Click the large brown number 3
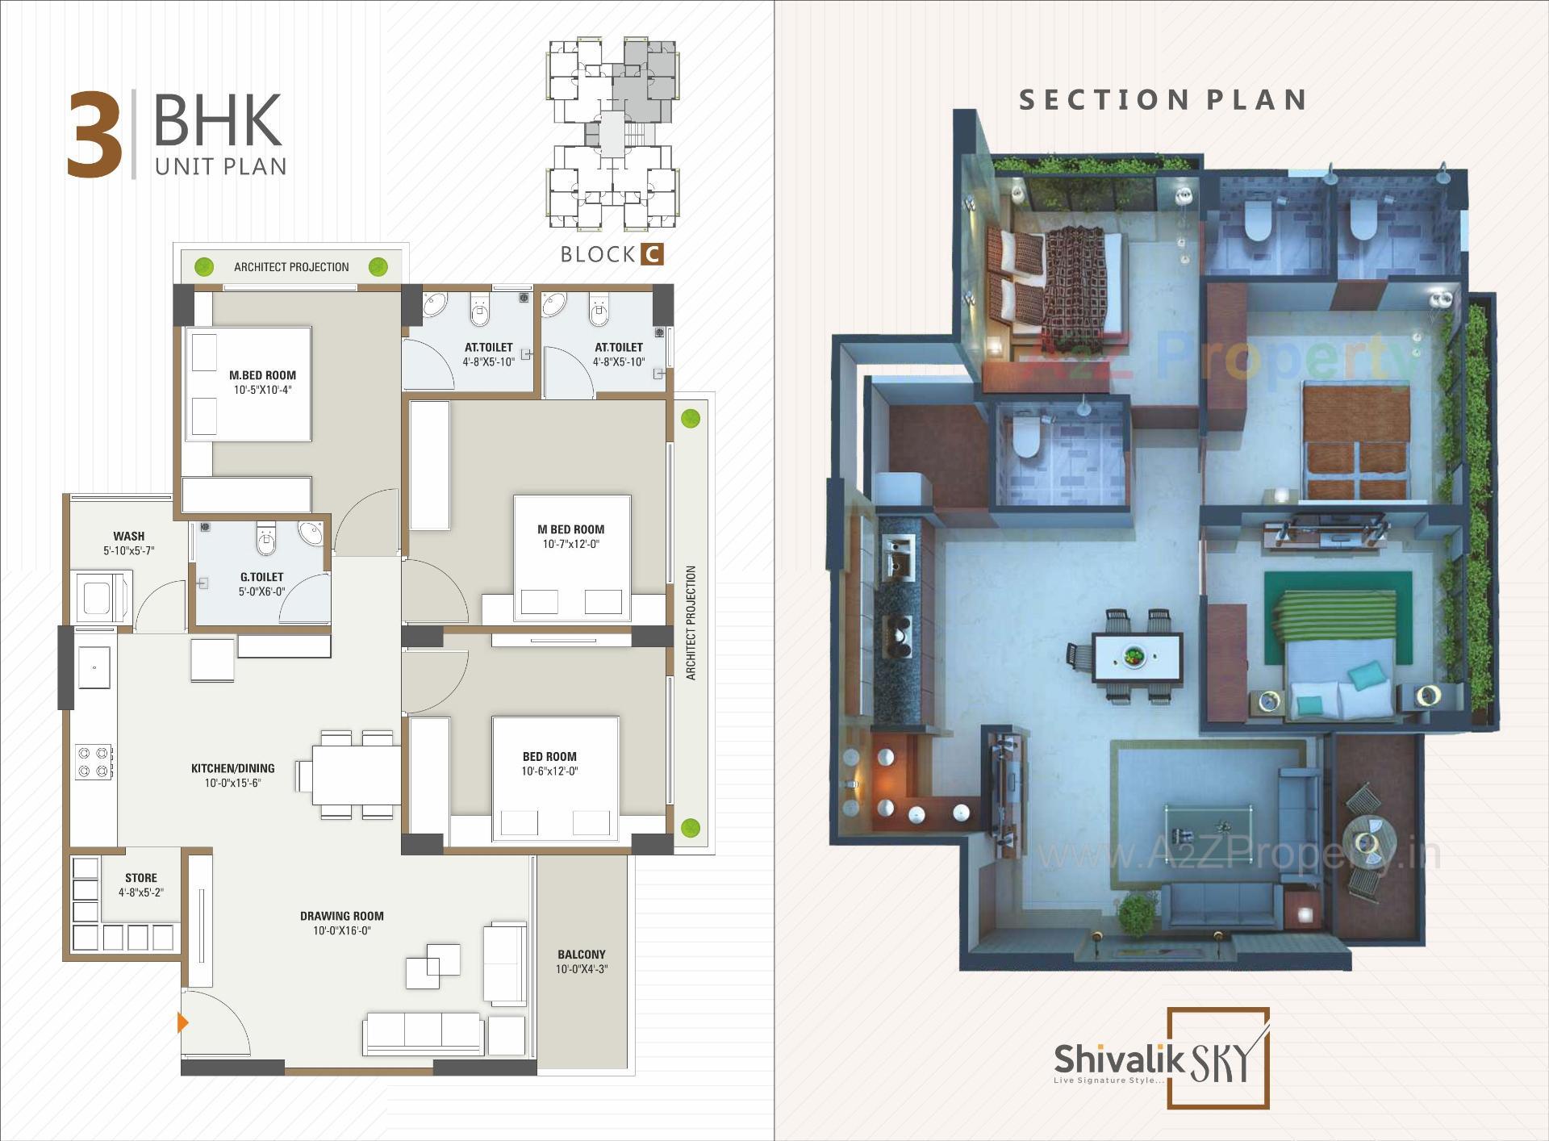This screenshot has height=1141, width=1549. click(x=95, y=135)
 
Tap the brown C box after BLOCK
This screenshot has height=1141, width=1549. click(x=652, y=254)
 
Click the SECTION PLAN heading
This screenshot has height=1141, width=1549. click(x=1163, y=100)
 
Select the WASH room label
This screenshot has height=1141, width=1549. click(x=128, y=536)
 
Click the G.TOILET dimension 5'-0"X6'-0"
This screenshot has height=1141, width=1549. click(x=261, y=591)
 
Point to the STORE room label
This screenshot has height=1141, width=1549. click(x=141, y=878)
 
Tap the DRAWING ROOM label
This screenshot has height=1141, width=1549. click(x=342, y=916)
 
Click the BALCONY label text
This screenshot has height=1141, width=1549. click(x=581, y=954)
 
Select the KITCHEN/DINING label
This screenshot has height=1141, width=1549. click(x=232, y=768)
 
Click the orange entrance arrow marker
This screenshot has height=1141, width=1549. click(x=183, y=1023)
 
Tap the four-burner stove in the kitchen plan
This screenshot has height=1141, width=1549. click(x=94, y=763)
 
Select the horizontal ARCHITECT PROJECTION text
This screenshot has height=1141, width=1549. click(x=291, y=267)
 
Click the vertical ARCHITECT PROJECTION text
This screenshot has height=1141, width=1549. click(x=691, y=622)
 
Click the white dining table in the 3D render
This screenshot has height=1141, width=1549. click(x=1136, y=658)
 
